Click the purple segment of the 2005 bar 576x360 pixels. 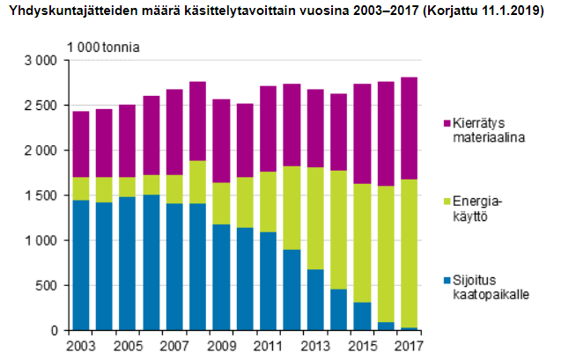point(128,141)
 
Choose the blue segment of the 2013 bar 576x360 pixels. point(314,299)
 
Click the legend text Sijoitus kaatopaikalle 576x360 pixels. point(489,288)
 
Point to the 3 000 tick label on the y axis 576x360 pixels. point(41,60)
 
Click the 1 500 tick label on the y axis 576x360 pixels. point(41,195)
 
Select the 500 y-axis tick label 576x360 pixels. point(47,285)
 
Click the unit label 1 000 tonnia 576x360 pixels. point(105,45)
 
